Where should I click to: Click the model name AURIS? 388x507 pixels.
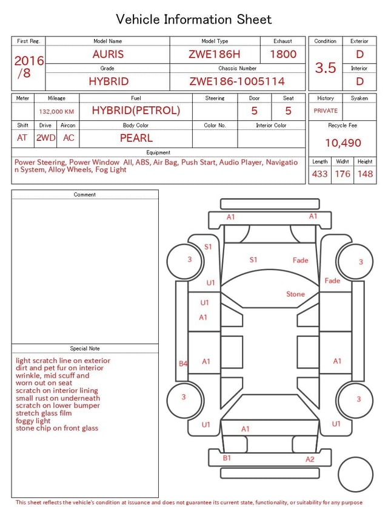(x=108, y=54)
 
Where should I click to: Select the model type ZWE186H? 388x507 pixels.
(x=215, y=54)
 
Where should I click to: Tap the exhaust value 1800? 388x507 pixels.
(x=283, y=54)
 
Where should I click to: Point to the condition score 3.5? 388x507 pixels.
(x=326, y=67)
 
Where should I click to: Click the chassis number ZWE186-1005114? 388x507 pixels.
(x=237, y=81)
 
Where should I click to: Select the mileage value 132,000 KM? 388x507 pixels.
(x=56, y=112)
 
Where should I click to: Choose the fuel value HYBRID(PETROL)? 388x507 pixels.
(x=136, y=111)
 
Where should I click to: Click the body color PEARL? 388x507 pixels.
(x=136, y=138)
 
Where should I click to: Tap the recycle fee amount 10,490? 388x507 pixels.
(x=343, y=143)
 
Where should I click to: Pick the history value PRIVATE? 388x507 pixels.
(x=326, y=111)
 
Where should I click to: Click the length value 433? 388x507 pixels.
(x=319, y=174)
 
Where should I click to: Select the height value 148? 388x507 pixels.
(x=365, y=174)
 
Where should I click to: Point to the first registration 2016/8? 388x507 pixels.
(x=28, y=67)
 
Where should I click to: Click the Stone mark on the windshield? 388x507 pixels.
(x=295, y=294)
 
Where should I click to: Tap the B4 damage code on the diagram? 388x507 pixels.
(x=183, y=363)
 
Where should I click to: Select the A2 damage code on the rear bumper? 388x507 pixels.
(x=310, y=459)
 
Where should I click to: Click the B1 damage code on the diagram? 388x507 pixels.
(x=227, y=458)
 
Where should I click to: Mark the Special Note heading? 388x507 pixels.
(x=85, y=349)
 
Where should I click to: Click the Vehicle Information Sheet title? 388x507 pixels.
(x=194, y=19)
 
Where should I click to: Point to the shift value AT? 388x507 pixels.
(x=22, y=138)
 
